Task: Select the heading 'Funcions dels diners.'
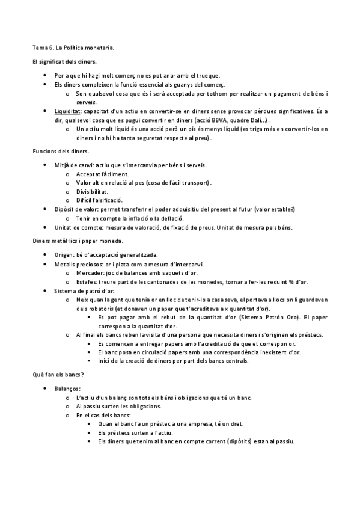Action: tap(60, 150)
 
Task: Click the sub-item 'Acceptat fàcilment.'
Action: tap(102, 174)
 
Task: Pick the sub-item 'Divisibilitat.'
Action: tap(92, 191)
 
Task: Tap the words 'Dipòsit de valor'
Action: tap(77, 209)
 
